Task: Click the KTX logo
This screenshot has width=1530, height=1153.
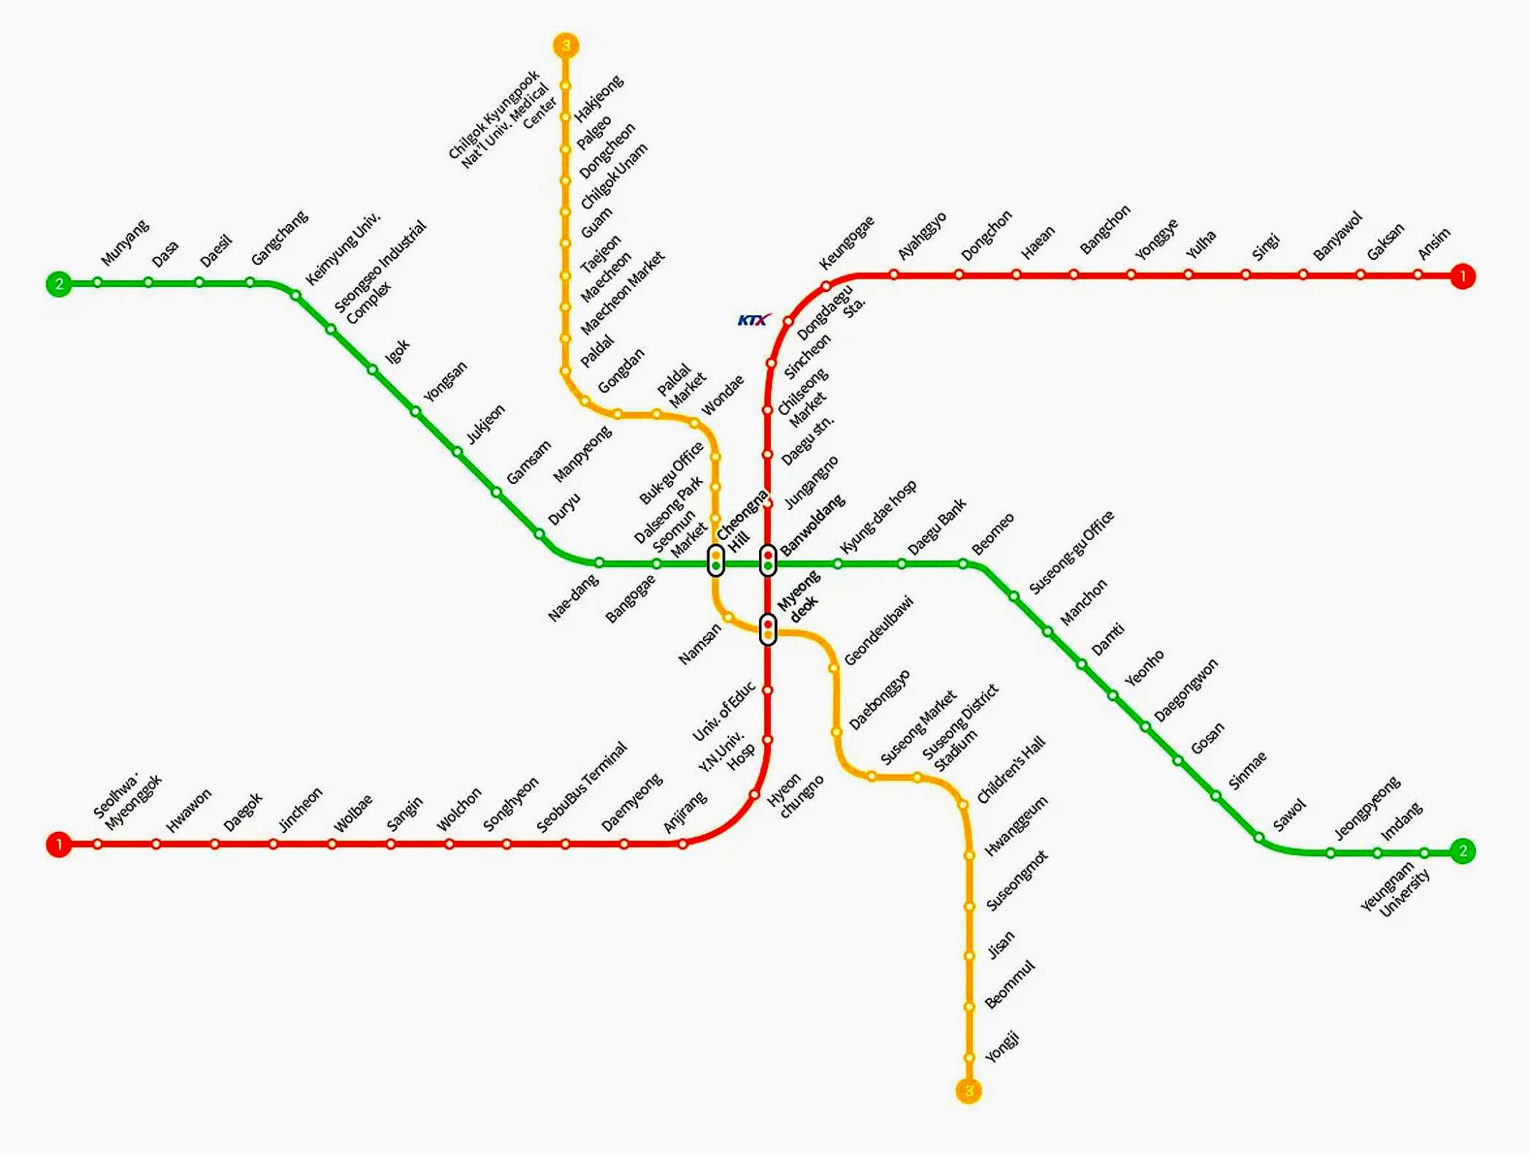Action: click(x=753, y=320)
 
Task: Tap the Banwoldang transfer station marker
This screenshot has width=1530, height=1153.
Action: click(x=768, y=560)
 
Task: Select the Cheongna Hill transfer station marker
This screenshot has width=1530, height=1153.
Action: click(x=716, y=560)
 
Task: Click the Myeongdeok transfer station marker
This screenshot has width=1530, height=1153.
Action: click(x=768, y=630)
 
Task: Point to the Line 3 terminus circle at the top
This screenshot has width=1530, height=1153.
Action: click(x=566, y=46)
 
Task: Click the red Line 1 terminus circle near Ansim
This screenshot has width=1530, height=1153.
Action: click(x=1462, y=276)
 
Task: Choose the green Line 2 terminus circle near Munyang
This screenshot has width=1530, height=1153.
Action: click(x=58, y=284)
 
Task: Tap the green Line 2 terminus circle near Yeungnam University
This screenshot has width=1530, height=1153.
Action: click(x=1462, y=851)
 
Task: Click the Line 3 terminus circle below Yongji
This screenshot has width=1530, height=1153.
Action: click(x=968, y=1091)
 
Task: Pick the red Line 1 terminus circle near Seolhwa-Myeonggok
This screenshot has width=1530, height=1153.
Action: click(x=58, y=845)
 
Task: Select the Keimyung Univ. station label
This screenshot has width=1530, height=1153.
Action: click(x=343, y=249)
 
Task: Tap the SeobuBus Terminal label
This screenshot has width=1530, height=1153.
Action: click(x=582, y=788)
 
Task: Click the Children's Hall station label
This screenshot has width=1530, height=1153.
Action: click(x=1011, y=771)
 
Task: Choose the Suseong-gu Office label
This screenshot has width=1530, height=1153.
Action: click(x=1071, y=553)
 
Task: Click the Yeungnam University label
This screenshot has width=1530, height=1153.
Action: click(x=1396, y=890)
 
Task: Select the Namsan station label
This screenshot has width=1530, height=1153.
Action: click(x=700, y=644)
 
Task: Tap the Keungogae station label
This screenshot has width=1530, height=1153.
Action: click(x=846, y=243)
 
